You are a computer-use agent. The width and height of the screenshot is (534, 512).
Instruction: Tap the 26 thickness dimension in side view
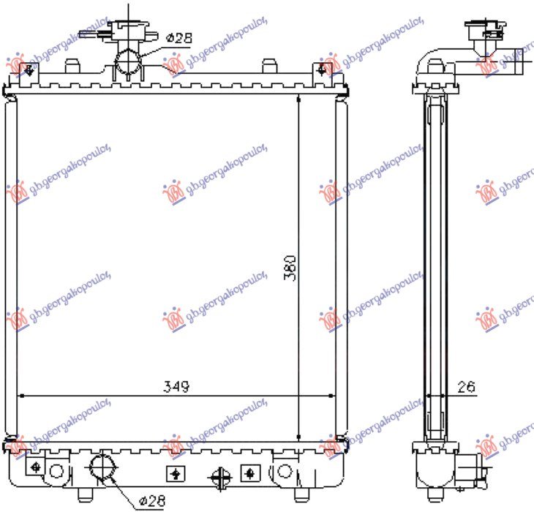(x=466, y=387)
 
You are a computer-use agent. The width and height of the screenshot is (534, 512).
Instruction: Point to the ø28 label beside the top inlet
(x=178, y=37)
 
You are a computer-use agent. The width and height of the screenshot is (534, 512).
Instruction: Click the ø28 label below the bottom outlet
(x=151, y=500)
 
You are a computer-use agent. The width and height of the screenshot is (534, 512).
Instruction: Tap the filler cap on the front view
(x=129, y=31)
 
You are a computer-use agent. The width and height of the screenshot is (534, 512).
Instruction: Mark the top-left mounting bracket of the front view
(x=29, y=70)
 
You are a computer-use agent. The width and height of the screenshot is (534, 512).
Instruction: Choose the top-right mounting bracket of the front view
(x=323, y=70)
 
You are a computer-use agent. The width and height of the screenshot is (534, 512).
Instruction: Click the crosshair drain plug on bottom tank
(x=217, y=478)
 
